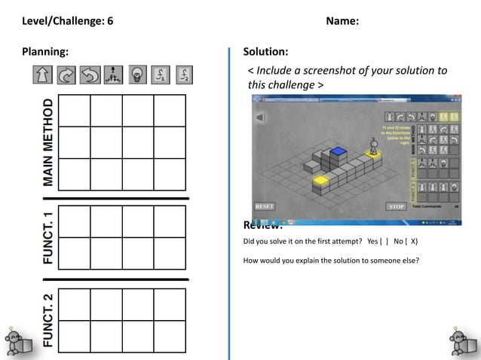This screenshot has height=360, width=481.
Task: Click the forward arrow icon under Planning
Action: [x=42, y=75]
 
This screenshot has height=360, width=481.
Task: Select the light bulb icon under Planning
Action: [x=137, y=75]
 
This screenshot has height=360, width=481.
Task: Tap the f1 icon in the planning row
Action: [x=161, y=75]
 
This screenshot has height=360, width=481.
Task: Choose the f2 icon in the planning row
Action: [x=185, y=75]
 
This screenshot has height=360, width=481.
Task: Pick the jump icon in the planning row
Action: [x=113, y=75]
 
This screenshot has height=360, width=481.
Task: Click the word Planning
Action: [x=44, y=51]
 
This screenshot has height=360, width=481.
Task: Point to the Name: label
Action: [x=342, y=20]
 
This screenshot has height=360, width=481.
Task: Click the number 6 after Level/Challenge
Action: [x=110, y=20]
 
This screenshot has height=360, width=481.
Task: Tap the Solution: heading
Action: [x=265, y=51]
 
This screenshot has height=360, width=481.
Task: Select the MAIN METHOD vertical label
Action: [x=48, y=142]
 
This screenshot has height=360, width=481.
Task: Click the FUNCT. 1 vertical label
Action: [x=48, y=238]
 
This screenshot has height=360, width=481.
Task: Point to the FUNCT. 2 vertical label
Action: [x=48, y=320]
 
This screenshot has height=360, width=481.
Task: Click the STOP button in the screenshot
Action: [x=397, y=206]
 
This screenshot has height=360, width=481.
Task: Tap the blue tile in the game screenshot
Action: [x=339, y=151]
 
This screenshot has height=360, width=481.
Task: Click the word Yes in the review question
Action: [x=372, y=241]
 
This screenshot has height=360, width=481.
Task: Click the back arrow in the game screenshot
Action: [x=260, y=117]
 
